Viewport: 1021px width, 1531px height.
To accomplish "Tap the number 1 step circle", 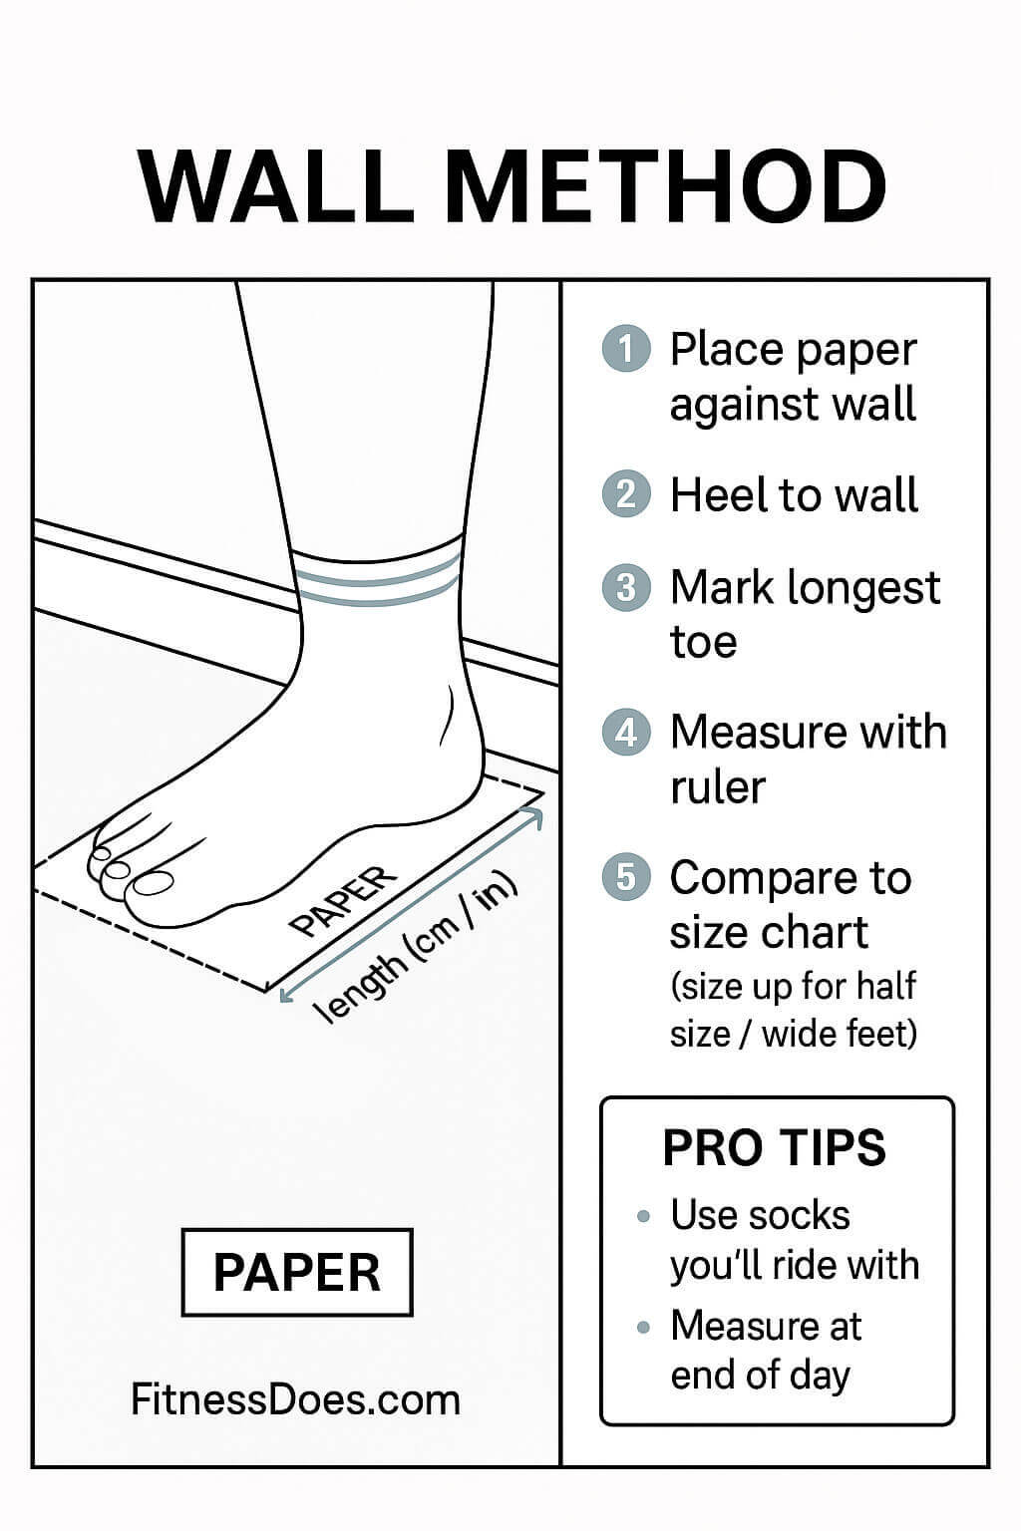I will (x=626, y=350).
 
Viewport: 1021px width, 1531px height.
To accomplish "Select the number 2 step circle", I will (x=626, y=494).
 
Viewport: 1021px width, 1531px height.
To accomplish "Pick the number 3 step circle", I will (x=626, y=587).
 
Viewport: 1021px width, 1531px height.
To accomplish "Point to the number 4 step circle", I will (x=626, y=733).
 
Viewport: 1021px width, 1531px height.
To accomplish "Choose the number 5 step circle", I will (x=626, y=877).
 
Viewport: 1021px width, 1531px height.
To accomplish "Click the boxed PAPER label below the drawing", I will (x=297, y=1273).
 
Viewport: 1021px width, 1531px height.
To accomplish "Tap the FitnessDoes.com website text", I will (x=296, y=1399).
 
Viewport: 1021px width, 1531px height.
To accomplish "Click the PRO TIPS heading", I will (x=775, y=1148).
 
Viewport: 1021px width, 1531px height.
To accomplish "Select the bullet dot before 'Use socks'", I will (x=644, y=1217).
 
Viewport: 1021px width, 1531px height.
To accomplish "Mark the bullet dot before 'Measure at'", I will (x=644, y=1328).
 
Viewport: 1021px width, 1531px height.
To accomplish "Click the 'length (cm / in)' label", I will (x=415, y=948).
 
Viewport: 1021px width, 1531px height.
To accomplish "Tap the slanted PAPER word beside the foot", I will (x=342, y=901).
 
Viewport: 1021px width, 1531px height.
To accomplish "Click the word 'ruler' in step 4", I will (x=717, y=787).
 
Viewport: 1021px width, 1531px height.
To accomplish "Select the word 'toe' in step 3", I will (x=703, y=642).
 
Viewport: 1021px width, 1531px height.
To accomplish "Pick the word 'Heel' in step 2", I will (x=710, y=495).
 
